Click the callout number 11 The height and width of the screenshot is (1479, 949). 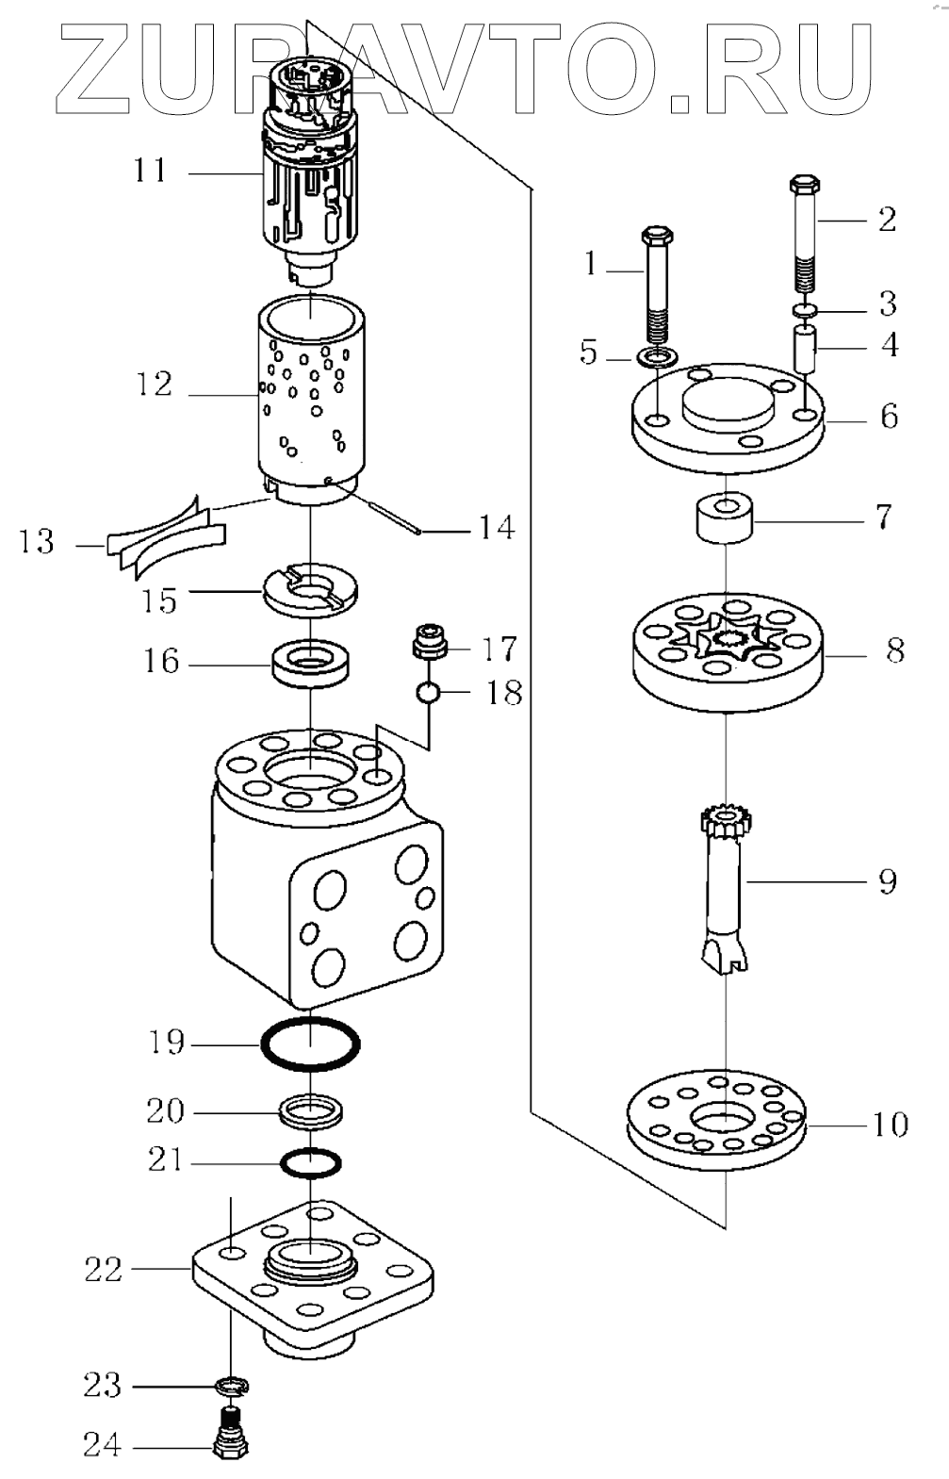coord(150,172)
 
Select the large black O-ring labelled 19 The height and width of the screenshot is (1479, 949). coord(311,1044)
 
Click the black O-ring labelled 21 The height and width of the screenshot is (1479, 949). coord(310,1161)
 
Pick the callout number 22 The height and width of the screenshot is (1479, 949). coord(103,1270)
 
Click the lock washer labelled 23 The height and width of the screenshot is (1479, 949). coord(232,1387)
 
